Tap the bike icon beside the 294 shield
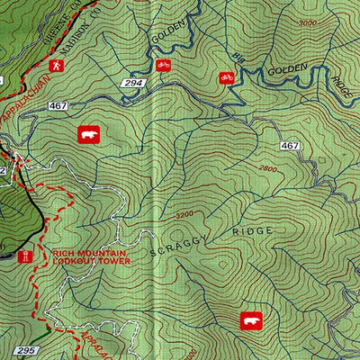[163, 65]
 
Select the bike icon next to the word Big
[225, 78]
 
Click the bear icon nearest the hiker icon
[88, 134]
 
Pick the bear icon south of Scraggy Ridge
[249, 319]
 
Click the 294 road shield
[134, 83]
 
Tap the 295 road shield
[25, 349]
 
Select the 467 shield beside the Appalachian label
[58, 106]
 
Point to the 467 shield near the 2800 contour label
[289, 145]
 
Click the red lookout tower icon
[27, 256]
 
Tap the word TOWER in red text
[113, 261]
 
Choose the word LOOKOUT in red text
[74, 261]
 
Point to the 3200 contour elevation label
[184, 215]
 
